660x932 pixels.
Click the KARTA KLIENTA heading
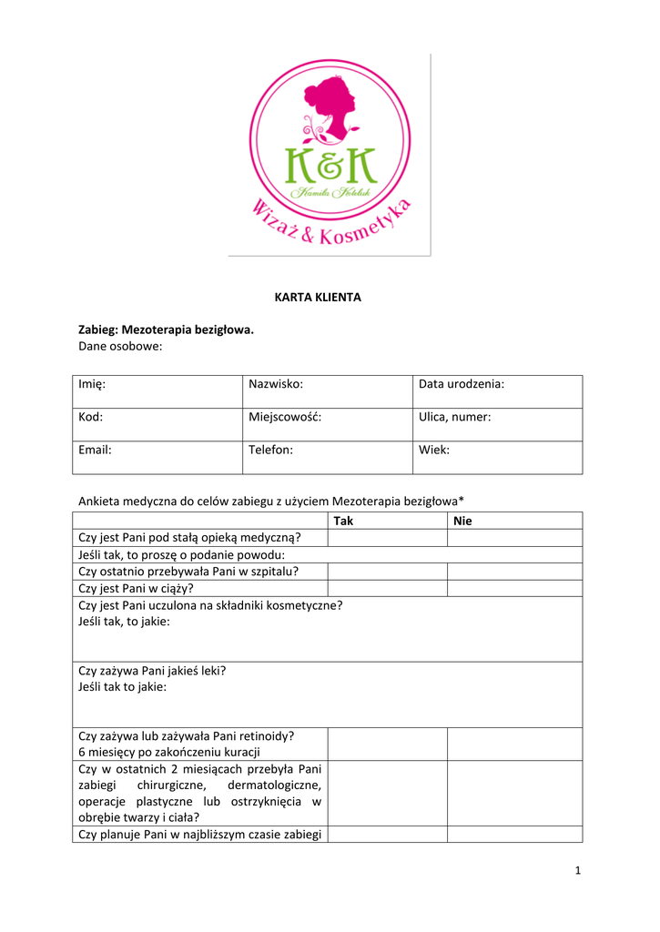click(318, 298)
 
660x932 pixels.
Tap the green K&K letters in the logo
click(330, 165)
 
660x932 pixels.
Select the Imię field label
click(92, 384)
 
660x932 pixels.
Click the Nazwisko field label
click(275, 384)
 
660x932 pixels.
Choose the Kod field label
click(91, 417)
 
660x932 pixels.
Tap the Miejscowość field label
click(285, 417)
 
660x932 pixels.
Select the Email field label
click(96, 450)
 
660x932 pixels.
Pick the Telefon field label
click(270, 450)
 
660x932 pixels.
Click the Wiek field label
click(434, 450)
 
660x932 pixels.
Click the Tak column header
click(343, 521)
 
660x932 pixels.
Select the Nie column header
click(462, 521)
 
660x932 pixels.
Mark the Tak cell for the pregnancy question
click(387, 588)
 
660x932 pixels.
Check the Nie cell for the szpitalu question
click(514, 572)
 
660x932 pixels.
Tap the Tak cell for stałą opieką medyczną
click(387, 538)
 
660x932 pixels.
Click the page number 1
click(577, 871)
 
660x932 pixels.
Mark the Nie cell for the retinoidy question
click(514, 744)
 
